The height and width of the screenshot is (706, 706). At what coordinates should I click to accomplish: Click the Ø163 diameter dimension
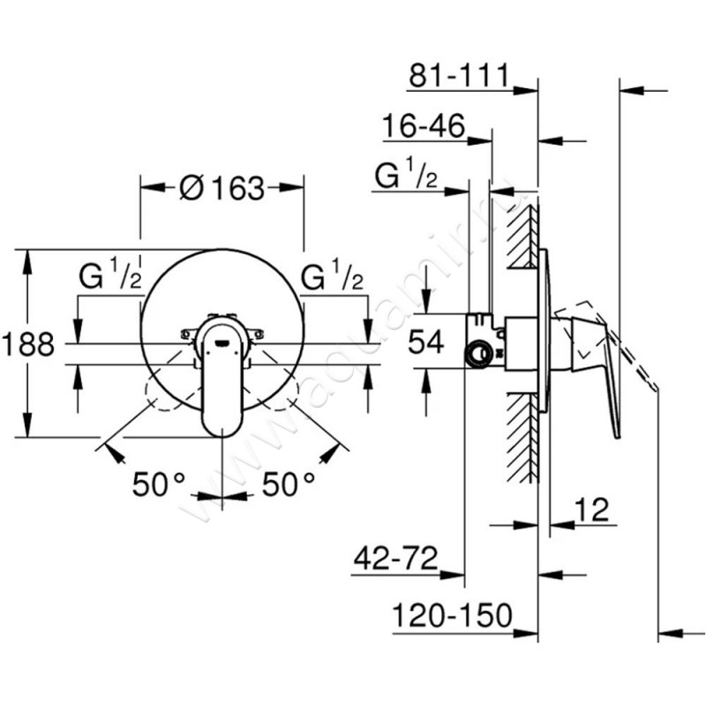point(222,188)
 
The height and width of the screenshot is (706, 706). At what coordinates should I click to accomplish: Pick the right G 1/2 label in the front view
point(332,277)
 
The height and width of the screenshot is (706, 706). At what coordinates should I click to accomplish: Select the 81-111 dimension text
point(459,77)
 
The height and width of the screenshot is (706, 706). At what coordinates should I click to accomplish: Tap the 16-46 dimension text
point(424,128)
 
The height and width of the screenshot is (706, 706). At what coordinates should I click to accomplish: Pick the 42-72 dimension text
point(396,560)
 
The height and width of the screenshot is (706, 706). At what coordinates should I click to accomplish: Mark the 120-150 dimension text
point(452,616)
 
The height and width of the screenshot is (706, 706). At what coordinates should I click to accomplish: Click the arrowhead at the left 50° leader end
point(111,452)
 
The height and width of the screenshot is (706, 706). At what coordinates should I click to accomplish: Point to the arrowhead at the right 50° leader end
point(332,452)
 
